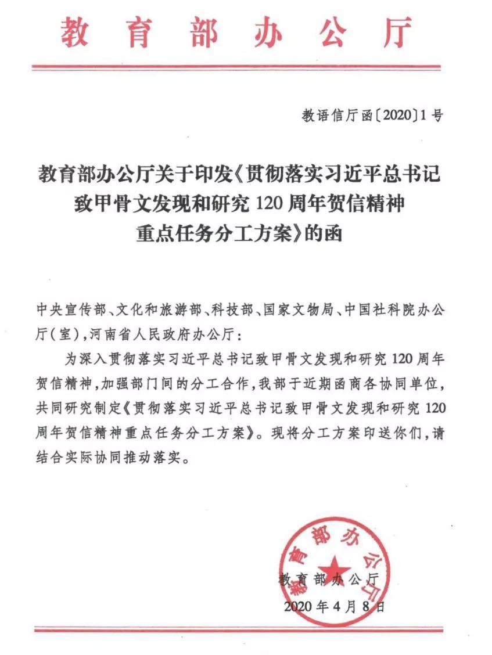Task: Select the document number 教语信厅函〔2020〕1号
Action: click(x=372, y=116)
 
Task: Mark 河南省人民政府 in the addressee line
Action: click(x=137, y=336)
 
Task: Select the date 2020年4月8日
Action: click(x=334, y=607)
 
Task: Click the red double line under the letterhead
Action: click(x=245, y=68)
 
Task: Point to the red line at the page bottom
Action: click(x=245, y=629)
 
